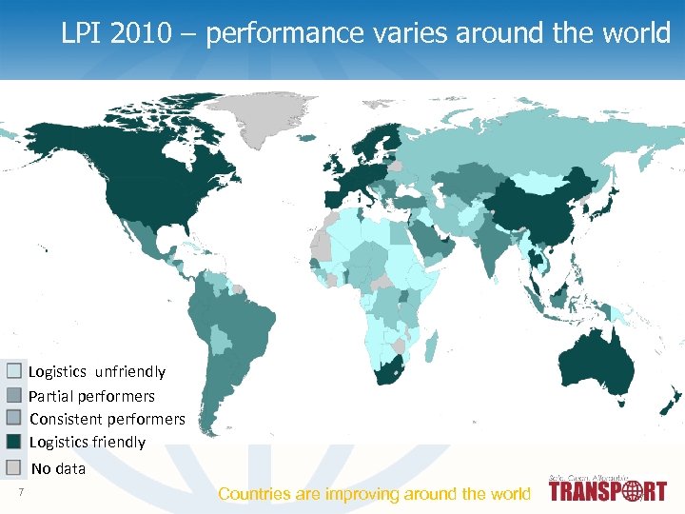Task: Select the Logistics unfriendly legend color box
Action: [14, 371]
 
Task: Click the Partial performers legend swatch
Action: [14, 395]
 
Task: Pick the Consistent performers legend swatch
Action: [14, 418]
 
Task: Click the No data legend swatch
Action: [14, 467]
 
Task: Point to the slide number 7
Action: [20, 491]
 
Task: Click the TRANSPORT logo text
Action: [608, 492]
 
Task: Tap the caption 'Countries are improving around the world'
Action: [374, 493]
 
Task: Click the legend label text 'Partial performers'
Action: [92, 395]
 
